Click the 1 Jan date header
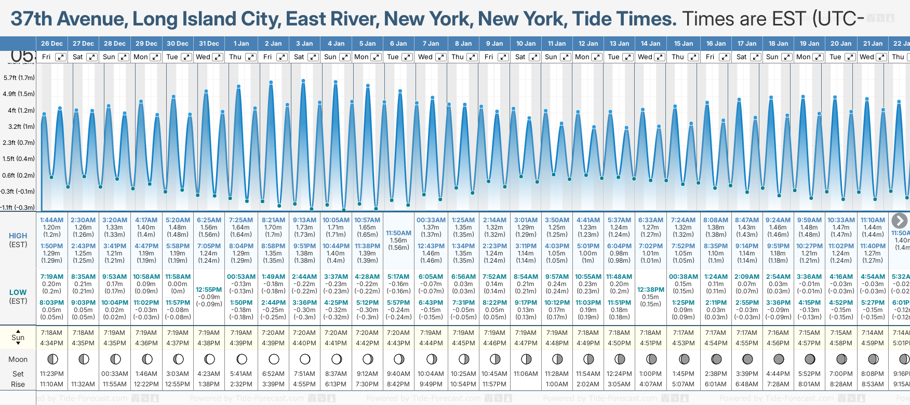coord(241,44)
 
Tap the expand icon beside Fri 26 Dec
coord(61,57)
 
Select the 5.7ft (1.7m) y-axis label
coord(19,78)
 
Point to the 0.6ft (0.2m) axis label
coord(19,175)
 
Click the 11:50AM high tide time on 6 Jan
coord(398,233)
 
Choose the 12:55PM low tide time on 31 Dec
coord(209,290)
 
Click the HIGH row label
coord(18,236)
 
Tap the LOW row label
coord(18,292)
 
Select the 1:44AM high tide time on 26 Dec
coord(51,220)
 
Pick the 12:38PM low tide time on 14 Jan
coord(651,290)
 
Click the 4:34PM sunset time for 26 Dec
coord(51,343)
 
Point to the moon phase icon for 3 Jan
coord(305,359)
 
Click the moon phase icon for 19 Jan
coord(810,359)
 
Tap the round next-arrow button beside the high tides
coord(899,221)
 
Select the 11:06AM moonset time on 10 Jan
coord(526,374)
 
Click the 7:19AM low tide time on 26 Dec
coord(51,277)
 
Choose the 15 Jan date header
coord(684,44)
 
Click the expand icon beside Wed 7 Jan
coord(440,57)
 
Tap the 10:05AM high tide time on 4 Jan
coord(336,220)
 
